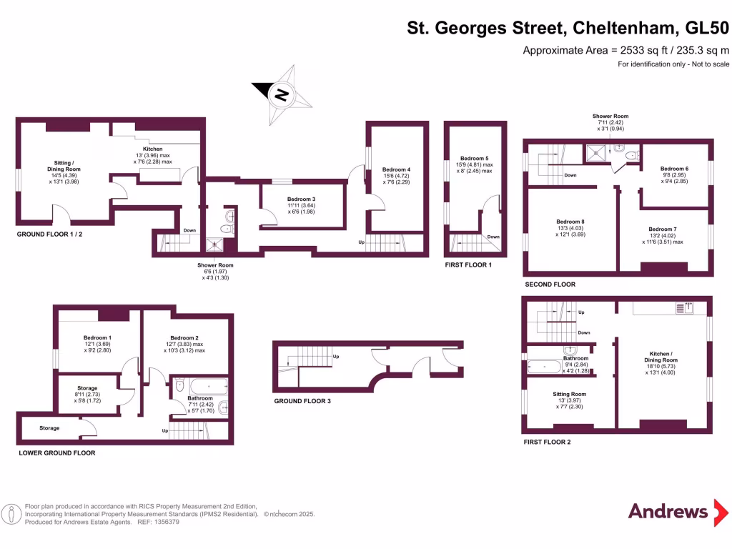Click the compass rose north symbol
click(282, 94)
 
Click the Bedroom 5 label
click(474, 159)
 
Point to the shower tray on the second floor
click(595, 152)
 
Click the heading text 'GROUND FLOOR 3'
click(302, 401)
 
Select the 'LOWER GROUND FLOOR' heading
click(56, 452)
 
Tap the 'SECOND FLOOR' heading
click(550, 284)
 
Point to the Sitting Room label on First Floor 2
click(569, 394)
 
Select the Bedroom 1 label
click(97, 337)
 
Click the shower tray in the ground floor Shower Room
click(214, 244)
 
